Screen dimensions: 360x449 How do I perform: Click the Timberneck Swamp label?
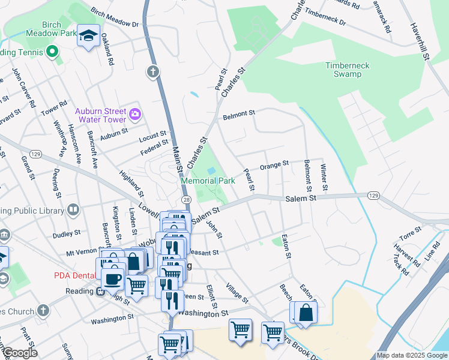pyautogui.click(x=348, y=70)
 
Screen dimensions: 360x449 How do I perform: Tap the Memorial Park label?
pyautogui.click(x=208, y=181)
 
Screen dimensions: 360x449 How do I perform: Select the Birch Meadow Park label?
pyautogui.click(x=52, y=29)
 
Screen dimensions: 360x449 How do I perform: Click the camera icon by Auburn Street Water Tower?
pyautogui.click(x=136, y=113)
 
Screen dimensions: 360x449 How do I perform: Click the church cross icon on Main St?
pyautogui.click(x=153, y=72)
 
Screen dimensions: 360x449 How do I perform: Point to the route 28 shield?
pyautogui.click(x=186, y=200)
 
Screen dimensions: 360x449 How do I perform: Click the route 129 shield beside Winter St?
pyautogui.click(x=373, y=196)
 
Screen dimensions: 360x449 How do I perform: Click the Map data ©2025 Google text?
pyautogui.click(x=411, y=355)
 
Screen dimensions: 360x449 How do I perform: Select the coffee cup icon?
pyautogui.click(x=112, y=278)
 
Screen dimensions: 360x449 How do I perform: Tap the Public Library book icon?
pyautogui.click(x=73, y=209)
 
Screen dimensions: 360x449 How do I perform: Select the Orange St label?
pyautogui.click(x=274, y=164)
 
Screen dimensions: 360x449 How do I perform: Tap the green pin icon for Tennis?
pyautogui.click(x=52, y=52)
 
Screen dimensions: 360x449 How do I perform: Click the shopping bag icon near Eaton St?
pyautogui.click(x=306, y=313)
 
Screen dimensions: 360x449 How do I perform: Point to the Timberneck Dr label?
pyautogui.click(x=325, y=17)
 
